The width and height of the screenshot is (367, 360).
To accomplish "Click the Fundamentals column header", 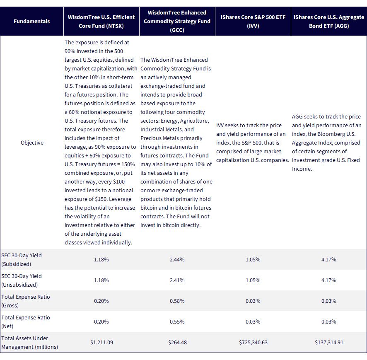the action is tap(31, 21).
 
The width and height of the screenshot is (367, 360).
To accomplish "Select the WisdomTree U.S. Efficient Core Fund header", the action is tap(101, 21).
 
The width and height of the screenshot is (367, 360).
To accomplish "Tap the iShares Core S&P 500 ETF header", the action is tap(253, 21).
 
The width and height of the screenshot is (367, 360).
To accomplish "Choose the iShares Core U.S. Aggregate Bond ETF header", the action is tap(329, 21).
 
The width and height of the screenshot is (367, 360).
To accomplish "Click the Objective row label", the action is tap(32, 143).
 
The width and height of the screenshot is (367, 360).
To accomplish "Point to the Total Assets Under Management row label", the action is tap(29, 343).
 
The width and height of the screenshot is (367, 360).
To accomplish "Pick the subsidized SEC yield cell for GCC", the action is tap(177, 260).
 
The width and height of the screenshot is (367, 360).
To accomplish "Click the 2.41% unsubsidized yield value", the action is tap(177, 280).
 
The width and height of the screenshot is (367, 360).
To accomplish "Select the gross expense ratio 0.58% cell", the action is tap(177, 301).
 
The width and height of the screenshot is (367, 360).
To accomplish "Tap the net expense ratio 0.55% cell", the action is tap(177, 321).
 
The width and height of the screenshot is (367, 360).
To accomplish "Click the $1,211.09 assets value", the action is tap(101, 343).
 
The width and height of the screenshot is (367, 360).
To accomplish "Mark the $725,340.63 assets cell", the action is tap(253, 343).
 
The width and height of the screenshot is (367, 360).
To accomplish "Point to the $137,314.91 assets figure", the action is tap(329, 343).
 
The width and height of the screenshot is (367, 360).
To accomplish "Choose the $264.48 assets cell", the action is tap(177, 343).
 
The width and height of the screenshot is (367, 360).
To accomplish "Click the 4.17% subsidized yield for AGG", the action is tap(328, 260).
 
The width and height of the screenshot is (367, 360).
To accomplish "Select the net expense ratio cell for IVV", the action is tap(253, 321).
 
